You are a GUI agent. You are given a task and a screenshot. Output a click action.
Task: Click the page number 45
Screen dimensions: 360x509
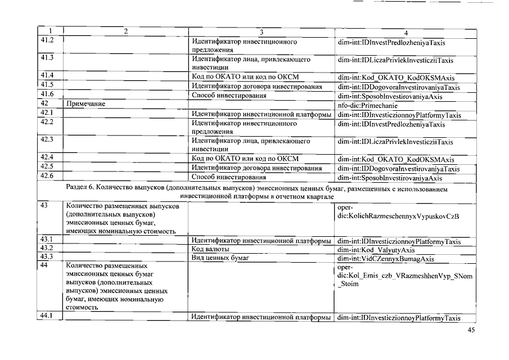coord(471,330)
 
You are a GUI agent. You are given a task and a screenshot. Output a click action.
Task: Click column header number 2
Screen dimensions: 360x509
coord(125,31)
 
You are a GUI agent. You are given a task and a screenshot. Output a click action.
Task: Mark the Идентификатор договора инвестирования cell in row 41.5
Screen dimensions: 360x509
coord(256,87)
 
